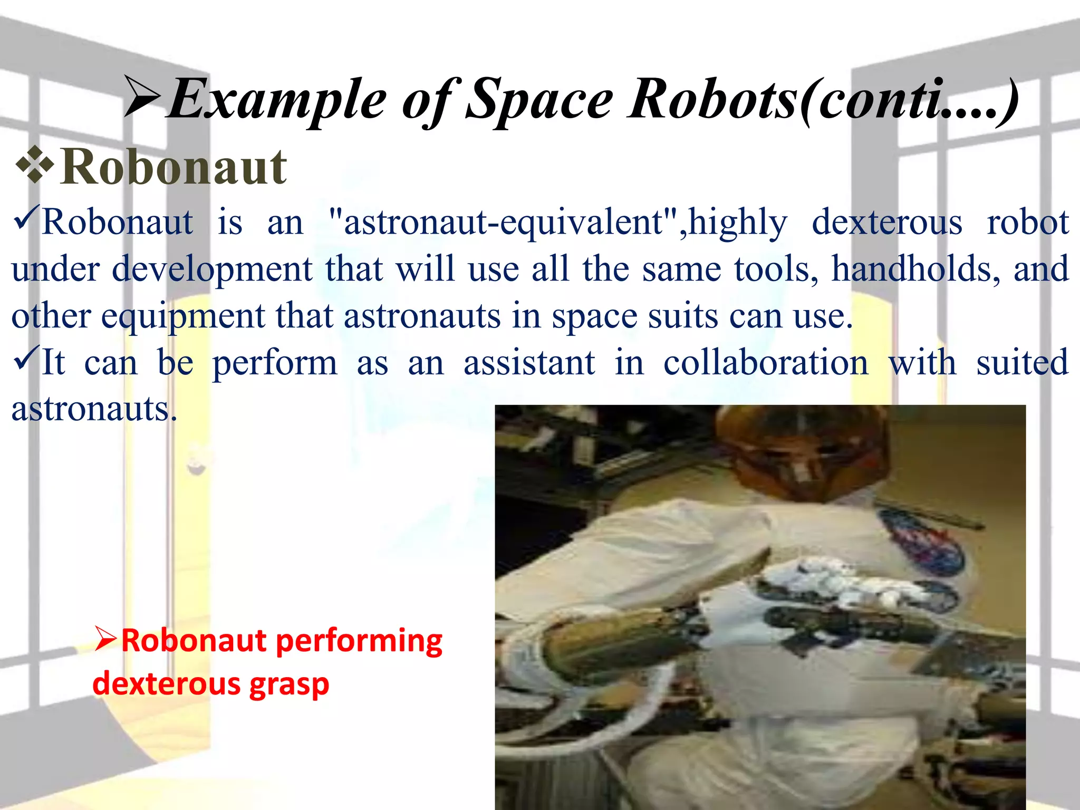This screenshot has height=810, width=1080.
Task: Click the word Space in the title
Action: (x=539, y=100)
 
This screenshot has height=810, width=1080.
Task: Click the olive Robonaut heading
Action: (x=173, y=167)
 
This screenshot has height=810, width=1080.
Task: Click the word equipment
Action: (x=182, y=316)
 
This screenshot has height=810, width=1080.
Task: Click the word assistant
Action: (x=529, y=363)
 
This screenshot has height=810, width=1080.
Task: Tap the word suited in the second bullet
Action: (x=1022, y=363)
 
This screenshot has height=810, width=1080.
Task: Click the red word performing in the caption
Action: (x=359, y=641)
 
